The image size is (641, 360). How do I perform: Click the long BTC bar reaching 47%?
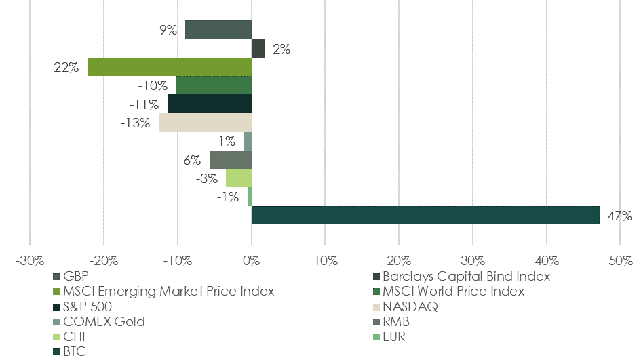tap(425, 215)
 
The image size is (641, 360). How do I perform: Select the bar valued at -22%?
tap(170, 66)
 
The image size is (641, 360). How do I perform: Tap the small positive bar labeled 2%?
tap(258, 48)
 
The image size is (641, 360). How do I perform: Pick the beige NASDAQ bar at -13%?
tap(205, 122)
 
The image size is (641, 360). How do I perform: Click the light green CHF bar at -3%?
tap(239, 178)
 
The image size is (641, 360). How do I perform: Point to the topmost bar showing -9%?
tap(218, 30)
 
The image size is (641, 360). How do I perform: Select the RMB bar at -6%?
tap(231, 159)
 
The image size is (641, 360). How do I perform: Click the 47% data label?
tap(619, 216)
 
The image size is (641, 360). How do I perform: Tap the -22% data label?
tap(64, 68)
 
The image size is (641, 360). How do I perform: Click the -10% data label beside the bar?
tap(152, 86)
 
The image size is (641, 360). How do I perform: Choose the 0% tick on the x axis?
tap(252, 260)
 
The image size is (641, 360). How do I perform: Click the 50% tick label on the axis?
tap(620, 260)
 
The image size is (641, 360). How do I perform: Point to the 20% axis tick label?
tap(399, 260)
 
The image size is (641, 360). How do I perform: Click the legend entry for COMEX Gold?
tap(103, 321)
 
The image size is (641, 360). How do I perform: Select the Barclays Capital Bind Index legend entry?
tap(466, 277)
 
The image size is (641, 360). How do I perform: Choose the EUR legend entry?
tap(393, 336)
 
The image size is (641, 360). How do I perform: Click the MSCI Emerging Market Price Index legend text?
tap(168, 292)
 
